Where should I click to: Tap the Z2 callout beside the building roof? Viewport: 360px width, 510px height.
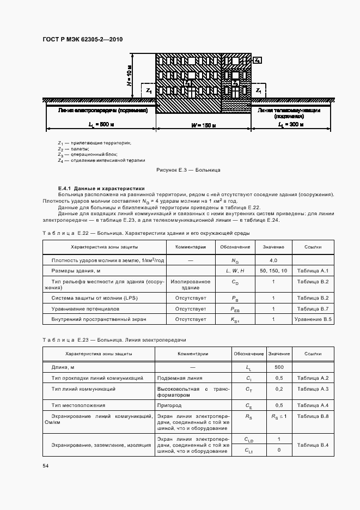(x=258, y=59)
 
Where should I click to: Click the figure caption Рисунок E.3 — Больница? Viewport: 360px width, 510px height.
(x=188, y=171)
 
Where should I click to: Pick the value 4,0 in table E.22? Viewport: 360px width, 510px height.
(x=273, y=260)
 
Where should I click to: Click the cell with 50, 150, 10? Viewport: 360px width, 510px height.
(x=273, y=270)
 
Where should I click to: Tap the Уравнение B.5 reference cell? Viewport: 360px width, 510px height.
(x=313, y=319)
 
